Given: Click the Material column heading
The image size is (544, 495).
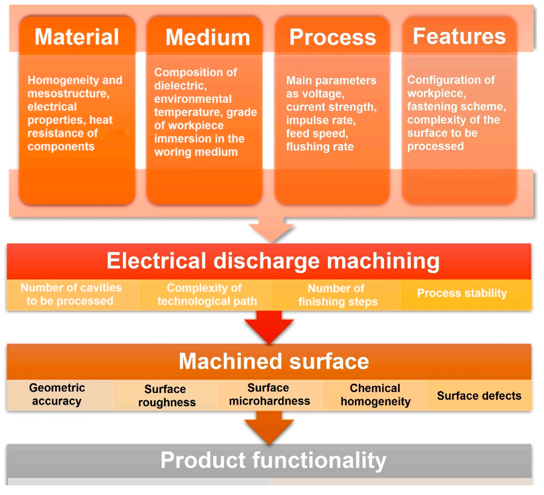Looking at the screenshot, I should point(77,37).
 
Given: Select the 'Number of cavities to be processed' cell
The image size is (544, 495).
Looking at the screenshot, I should point(71,294).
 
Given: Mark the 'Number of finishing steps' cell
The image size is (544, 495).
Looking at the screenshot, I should point(337,295).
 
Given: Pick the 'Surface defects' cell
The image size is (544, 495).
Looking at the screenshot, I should point(479,396).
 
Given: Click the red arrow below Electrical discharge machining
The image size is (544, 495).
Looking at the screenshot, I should point(269,328).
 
